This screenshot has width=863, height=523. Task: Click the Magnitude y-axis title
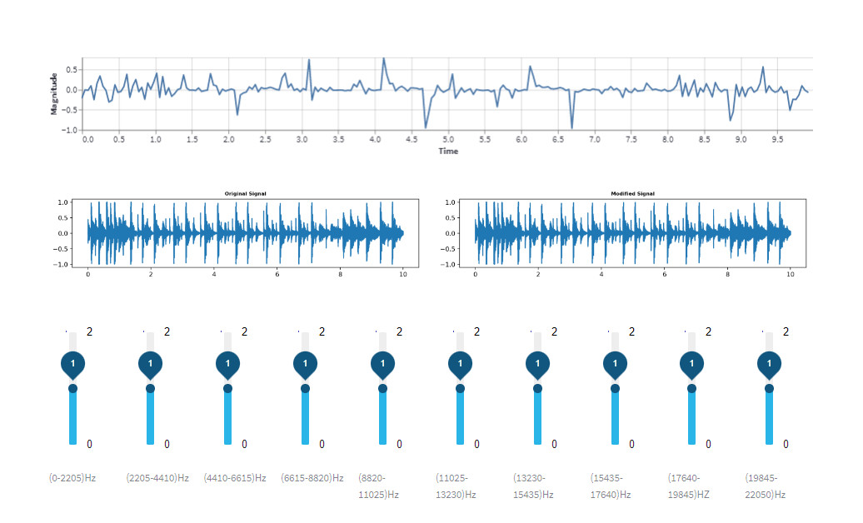pyautogui.click(x=54, y=93)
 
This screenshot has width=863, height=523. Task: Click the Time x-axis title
pyautogui.click(x=448, y=151)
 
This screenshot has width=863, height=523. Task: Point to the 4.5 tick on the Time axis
pyautogui.click(x=412, y=139)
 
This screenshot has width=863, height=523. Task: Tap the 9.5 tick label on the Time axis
pyautogui.click(x=777, y=139)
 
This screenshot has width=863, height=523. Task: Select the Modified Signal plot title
pyautogui.click(x=633, y=193)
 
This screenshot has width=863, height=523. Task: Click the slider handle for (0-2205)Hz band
pyautogui.click(x=72, y=388)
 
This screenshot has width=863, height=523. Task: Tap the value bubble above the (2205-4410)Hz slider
pyautogui.click(x=150, y=365)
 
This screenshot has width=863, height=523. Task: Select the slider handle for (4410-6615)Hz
pyautogui.click(x=227, y=388)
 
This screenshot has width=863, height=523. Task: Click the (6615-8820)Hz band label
pyautogui.click(x=312, y=478)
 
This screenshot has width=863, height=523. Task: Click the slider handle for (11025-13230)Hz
pyautogui.click(x=460, y=388)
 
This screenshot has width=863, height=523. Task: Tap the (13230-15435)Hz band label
pyautogui.click(x=534, y=486)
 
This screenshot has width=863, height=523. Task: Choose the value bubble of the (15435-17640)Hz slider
pyautogui.click(x=615, y=365)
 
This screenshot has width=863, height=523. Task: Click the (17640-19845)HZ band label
pyautogui.click(x=689, y=486)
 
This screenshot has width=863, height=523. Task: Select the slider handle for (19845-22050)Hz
pyautogui.click(x=769, y=388)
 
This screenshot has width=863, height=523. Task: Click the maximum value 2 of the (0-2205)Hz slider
pyautogui.click(x=89, y=331)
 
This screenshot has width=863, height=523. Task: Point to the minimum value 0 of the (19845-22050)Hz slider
pyautogui.click(x=786, y=444)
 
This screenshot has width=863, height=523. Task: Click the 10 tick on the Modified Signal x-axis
pyautogui.click(x=791, y=273)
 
